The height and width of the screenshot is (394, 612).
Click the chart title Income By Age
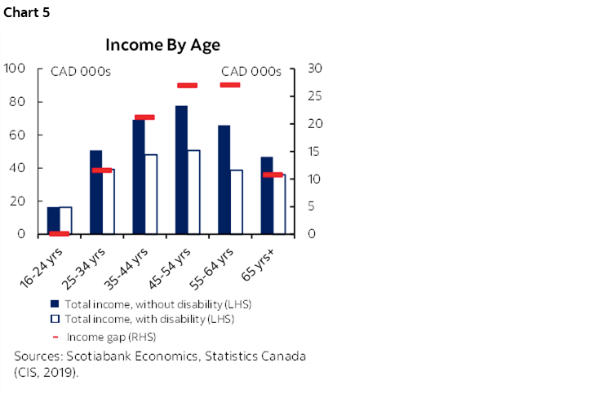(162, 46)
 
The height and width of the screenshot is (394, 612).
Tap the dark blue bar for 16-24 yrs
(53, 220)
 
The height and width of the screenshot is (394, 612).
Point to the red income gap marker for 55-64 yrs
(230, 85)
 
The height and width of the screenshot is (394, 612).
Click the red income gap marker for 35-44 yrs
(144, 117)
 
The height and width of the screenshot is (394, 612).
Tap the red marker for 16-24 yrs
(59, 233)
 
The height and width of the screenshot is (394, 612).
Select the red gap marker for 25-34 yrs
(102, 170)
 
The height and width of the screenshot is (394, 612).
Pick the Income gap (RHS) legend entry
(109, 336)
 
